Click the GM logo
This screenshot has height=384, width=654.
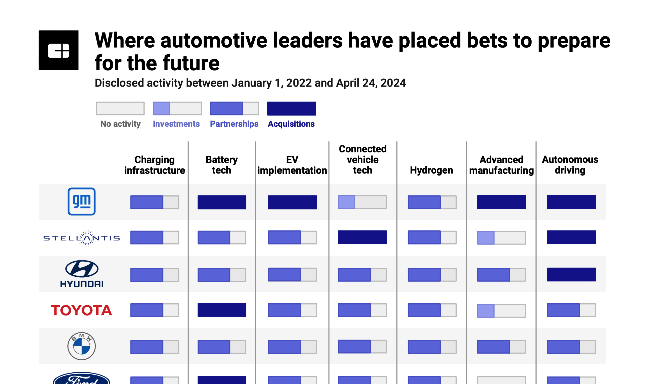tap(81, 202)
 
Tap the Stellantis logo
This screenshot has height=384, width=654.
tap(81, 238)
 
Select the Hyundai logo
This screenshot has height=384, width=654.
tap(82, 274)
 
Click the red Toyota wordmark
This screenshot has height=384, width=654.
tap(81, 310)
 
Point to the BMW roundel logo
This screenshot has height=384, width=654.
tap(81, 346)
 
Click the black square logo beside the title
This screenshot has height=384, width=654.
tap(59, 50)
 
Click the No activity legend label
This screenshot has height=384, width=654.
tap(120, 124)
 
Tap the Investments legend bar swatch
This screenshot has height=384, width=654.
tap(177, 108)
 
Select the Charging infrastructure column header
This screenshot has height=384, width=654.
tap(154, 165)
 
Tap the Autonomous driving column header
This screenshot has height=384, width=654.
tap(570, 165)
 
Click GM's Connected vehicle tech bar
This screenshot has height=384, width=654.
tap(362, 202)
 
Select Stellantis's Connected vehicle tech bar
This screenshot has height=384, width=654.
tap(362, 237)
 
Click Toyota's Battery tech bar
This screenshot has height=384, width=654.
tap(222, 310)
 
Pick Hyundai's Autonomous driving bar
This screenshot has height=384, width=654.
tap(571, 274)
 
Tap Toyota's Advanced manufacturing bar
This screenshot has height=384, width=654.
tap(501, 311)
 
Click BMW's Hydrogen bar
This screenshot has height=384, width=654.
tap(432, 347)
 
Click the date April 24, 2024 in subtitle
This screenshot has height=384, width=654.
tap(371, 83)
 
